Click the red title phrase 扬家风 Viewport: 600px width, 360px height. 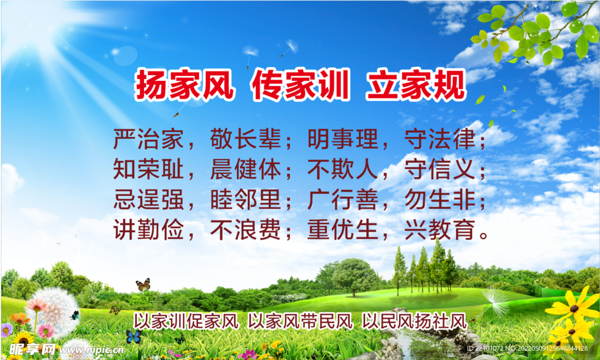coord(184,84)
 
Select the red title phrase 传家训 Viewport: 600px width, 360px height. coord(301,84)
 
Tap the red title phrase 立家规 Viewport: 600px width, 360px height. coord(416,84)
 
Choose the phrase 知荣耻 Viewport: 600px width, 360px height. coord(148,169)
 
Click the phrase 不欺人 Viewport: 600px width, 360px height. coord(343,169)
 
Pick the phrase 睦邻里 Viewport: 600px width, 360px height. coord(246,199)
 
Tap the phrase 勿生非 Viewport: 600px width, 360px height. coord(440,199)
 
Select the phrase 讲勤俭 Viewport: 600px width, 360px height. coord(148,230)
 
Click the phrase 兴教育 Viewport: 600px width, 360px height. coord(440,230)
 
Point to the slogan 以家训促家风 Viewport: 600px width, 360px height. coord(186,321)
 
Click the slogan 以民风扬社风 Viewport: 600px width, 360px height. coord(415,321)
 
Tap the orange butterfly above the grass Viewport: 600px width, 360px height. coord(143,284)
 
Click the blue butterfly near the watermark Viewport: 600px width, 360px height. coord(134,337)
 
